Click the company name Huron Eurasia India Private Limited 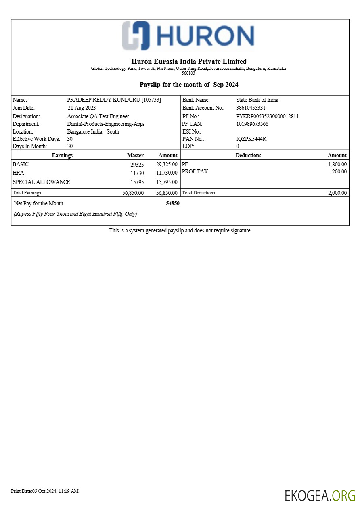189,61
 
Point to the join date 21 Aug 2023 82,108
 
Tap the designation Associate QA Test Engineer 98,116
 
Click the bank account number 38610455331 251,108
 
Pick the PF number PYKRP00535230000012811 267,116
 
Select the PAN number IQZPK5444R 251,139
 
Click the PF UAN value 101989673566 252,124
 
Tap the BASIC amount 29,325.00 167,164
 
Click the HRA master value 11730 137,173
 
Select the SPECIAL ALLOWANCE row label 42,182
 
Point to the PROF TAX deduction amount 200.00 339,171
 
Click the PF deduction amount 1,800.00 337,164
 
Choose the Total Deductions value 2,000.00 337,193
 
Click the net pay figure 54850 173,203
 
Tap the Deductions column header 248,155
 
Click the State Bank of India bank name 257,100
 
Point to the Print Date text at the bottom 45,491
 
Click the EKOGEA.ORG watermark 320,495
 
